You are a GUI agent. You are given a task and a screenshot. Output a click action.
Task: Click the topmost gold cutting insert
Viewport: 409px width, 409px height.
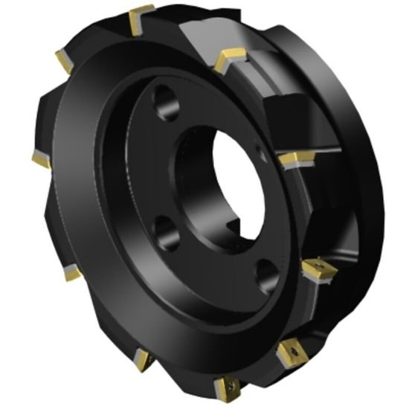[141, 16]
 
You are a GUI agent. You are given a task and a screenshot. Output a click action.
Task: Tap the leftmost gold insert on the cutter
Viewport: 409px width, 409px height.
[41, 159]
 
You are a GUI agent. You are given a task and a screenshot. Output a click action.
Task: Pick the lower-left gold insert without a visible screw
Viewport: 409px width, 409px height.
[72, 274]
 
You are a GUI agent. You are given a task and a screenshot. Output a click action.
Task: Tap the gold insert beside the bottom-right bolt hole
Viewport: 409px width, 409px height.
[318, 271]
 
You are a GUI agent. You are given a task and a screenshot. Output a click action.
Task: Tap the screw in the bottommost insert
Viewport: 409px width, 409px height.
[227, 386]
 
